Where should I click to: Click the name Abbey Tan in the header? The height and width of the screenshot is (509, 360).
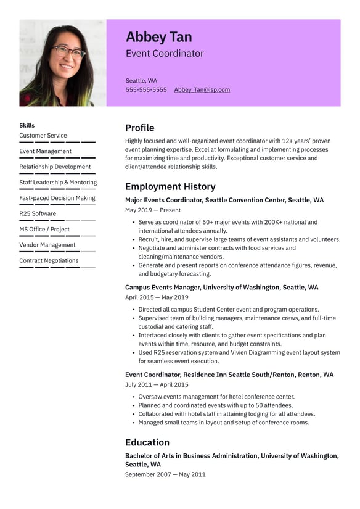click(x=158, y=37)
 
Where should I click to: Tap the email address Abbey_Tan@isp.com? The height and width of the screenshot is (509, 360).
click(x=202, y=90)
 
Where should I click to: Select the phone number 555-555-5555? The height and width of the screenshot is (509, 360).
click(x=146, y=90)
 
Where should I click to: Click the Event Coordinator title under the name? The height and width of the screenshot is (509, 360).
click(x=165, y=54)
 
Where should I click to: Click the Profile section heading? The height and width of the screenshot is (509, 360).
click(x=139, y=128)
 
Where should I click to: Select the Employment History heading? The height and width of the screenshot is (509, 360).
click(x=170, y=187)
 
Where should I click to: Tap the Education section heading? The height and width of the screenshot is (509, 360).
click(x=147, y=442)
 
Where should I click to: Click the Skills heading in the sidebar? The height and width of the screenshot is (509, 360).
click(x=27, y=125)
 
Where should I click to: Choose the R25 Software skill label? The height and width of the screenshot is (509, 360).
click(x=38, y=214)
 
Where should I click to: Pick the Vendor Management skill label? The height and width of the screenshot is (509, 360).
click(x=47, y=245)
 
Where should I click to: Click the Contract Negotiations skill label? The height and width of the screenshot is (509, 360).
click(x=49, y=260)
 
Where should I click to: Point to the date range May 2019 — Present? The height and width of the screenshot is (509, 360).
click(x=153, y=210)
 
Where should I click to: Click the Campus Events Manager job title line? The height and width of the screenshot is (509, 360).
click(x=221, y=288)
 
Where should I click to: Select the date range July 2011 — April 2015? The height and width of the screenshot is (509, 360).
click(x=157, y=385)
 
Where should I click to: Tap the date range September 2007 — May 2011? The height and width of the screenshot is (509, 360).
click(x=165, y=474)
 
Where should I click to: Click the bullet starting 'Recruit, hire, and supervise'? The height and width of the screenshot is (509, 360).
click(x=239, y=239)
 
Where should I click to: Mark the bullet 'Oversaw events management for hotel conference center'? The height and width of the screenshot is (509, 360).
click(x=216, y=397)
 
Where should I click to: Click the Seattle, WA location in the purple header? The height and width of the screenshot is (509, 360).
click(x=141, y=81)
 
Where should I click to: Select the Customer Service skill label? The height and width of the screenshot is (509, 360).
click(x=43, y=136)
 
